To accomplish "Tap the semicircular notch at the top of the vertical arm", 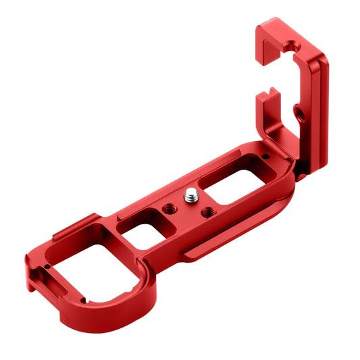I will [290, 48].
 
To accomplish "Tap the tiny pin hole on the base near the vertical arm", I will [269, 156].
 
